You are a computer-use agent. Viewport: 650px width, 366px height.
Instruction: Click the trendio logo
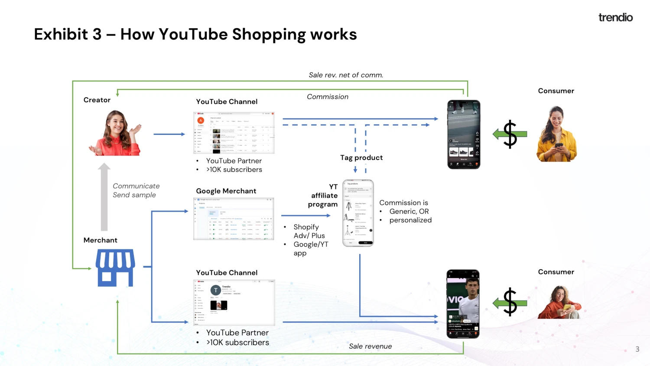point(615,17)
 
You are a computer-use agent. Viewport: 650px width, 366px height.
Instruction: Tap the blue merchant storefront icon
point(115,268)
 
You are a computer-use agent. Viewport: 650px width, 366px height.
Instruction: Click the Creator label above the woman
point(97,100)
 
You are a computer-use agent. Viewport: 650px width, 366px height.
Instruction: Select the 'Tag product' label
point(361,158)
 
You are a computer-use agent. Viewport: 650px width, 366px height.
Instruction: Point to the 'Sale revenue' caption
point(370,346)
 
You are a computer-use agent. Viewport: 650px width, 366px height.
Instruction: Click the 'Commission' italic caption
point(328,97)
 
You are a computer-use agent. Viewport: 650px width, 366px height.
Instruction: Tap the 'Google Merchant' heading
point(226,191)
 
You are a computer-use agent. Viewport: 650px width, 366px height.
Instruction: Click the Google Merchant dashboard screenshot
point(234,219)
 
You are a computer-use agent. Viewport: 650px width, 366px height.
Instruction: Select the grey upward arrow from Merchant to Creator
point(104,197)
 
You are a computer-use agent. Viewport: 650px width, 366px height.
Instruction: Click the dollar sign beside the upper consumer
point(510,134)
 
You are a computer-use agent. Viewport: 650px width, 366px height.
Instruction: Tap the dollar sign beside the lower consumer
point(510,302)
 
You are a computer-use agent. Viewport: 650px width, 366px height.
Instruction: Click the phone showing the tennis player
point(463,304)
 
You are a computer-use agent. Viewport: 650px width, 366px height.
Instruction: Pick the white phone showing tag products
point(358,213)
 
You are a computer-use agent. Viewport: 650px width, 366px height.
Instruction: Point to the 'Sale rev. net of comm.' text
point(346,75)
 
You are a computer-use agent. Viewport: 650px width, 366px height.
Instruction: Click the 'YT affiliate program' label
point(323,196)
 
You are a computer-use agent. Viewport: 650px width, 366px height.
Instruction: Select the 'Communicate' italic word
point(136,186)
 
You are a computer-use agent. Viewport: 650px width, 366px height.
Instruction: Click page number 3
point(637,349)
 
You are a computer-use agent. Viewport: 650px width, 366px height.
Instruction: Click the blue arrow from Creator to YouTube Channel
point(169,134)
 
